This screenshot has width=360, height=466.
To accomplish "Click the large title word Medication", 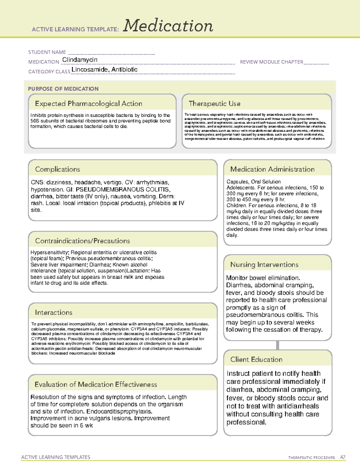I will click(168, 26).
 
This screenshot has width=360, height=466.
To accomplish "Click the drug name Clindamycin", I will click(79, 60).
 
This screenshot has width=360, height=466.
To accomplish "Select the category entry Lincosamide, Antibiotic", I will click(104, 70).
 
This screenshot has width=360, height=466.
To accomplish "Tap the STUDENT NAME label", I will click(47, 52).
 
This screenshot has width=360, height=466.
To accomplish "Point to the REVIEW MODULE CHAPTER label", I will click(271, 62).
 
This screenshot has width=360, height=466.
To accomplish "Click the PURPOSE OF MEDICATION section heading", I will click(63, 89).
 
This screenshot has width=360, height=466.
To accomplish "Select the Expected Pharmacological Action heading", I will click(88, 104).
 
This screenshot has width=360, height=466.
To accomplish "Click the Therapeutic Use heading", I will click(214, 104).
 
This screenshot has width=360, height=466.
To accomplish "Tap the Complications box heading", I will click(57, 169).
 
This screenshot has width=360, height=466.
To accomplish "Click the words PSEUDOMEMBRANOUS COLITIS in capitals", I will click(123, 189).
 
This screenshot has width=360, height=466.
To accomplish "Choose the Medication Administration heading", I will click(272, 169).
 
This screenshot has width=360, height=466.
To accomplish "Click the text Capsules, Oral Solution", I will click(253, 182).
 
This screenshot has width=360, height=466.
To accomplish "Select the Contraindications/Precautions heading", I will click(82, 241).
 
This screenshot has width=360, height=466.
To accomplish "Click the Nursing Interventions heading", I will click(264, 264).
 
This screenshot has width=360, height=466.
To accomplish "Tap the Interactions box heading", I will click(53, 312).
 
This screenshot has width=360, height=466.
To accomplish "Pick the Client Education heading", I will click(256, 359).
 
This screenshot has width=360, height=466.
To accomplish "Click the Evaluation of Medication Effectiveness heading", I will click(96, 384).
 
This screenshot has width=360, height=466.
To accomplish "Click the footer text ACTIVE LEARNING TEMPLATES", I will click(55, 457).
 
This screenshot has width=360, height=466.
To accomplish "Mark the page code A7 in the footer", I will click(343, 457).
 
